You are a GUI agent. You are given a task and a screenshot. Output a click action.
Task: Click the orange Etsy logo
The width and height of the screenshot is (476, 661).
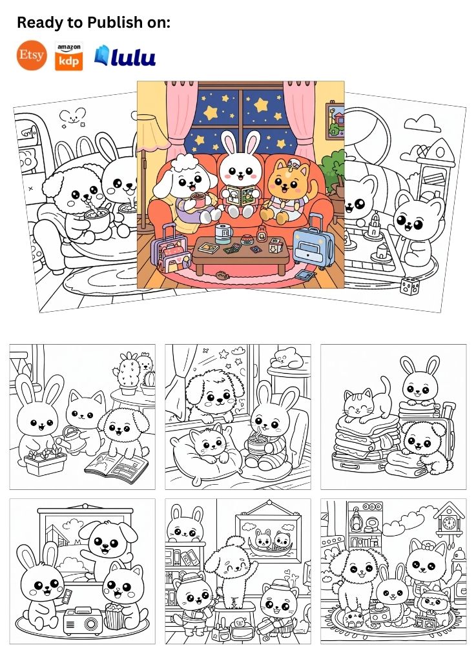click(32, 56)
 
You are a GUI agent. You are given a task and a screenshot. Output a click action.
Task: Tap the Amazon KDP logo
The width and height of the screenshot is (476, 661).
click(68, 56)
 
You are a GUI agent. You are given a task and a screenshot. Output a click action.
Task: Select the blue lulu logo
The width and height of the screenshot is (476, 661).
click(125, 56)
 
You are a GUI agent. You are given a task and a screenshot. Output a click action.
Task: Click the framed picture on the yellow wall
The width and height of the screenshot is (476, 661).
click(335, 121)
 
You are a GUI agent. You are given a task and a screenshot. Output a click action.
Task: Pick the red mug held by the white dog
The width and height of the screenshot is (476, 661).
click(198, 199)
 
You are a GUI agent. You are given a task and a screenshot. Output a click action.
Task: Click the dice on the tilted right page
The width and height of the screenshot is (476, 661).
click(409, 286)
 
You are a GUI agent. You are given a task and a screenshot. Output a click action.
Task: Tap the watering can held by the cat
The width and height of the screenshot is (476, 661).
click(72, 438)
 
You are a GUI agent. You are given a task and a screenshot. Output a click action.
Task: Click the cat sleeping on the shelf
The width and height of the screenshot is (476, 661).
click(287, 358)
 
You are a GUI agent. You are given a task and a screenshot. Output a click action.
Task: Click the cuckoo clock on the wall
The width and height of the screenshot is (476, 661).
click(449, 520)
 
